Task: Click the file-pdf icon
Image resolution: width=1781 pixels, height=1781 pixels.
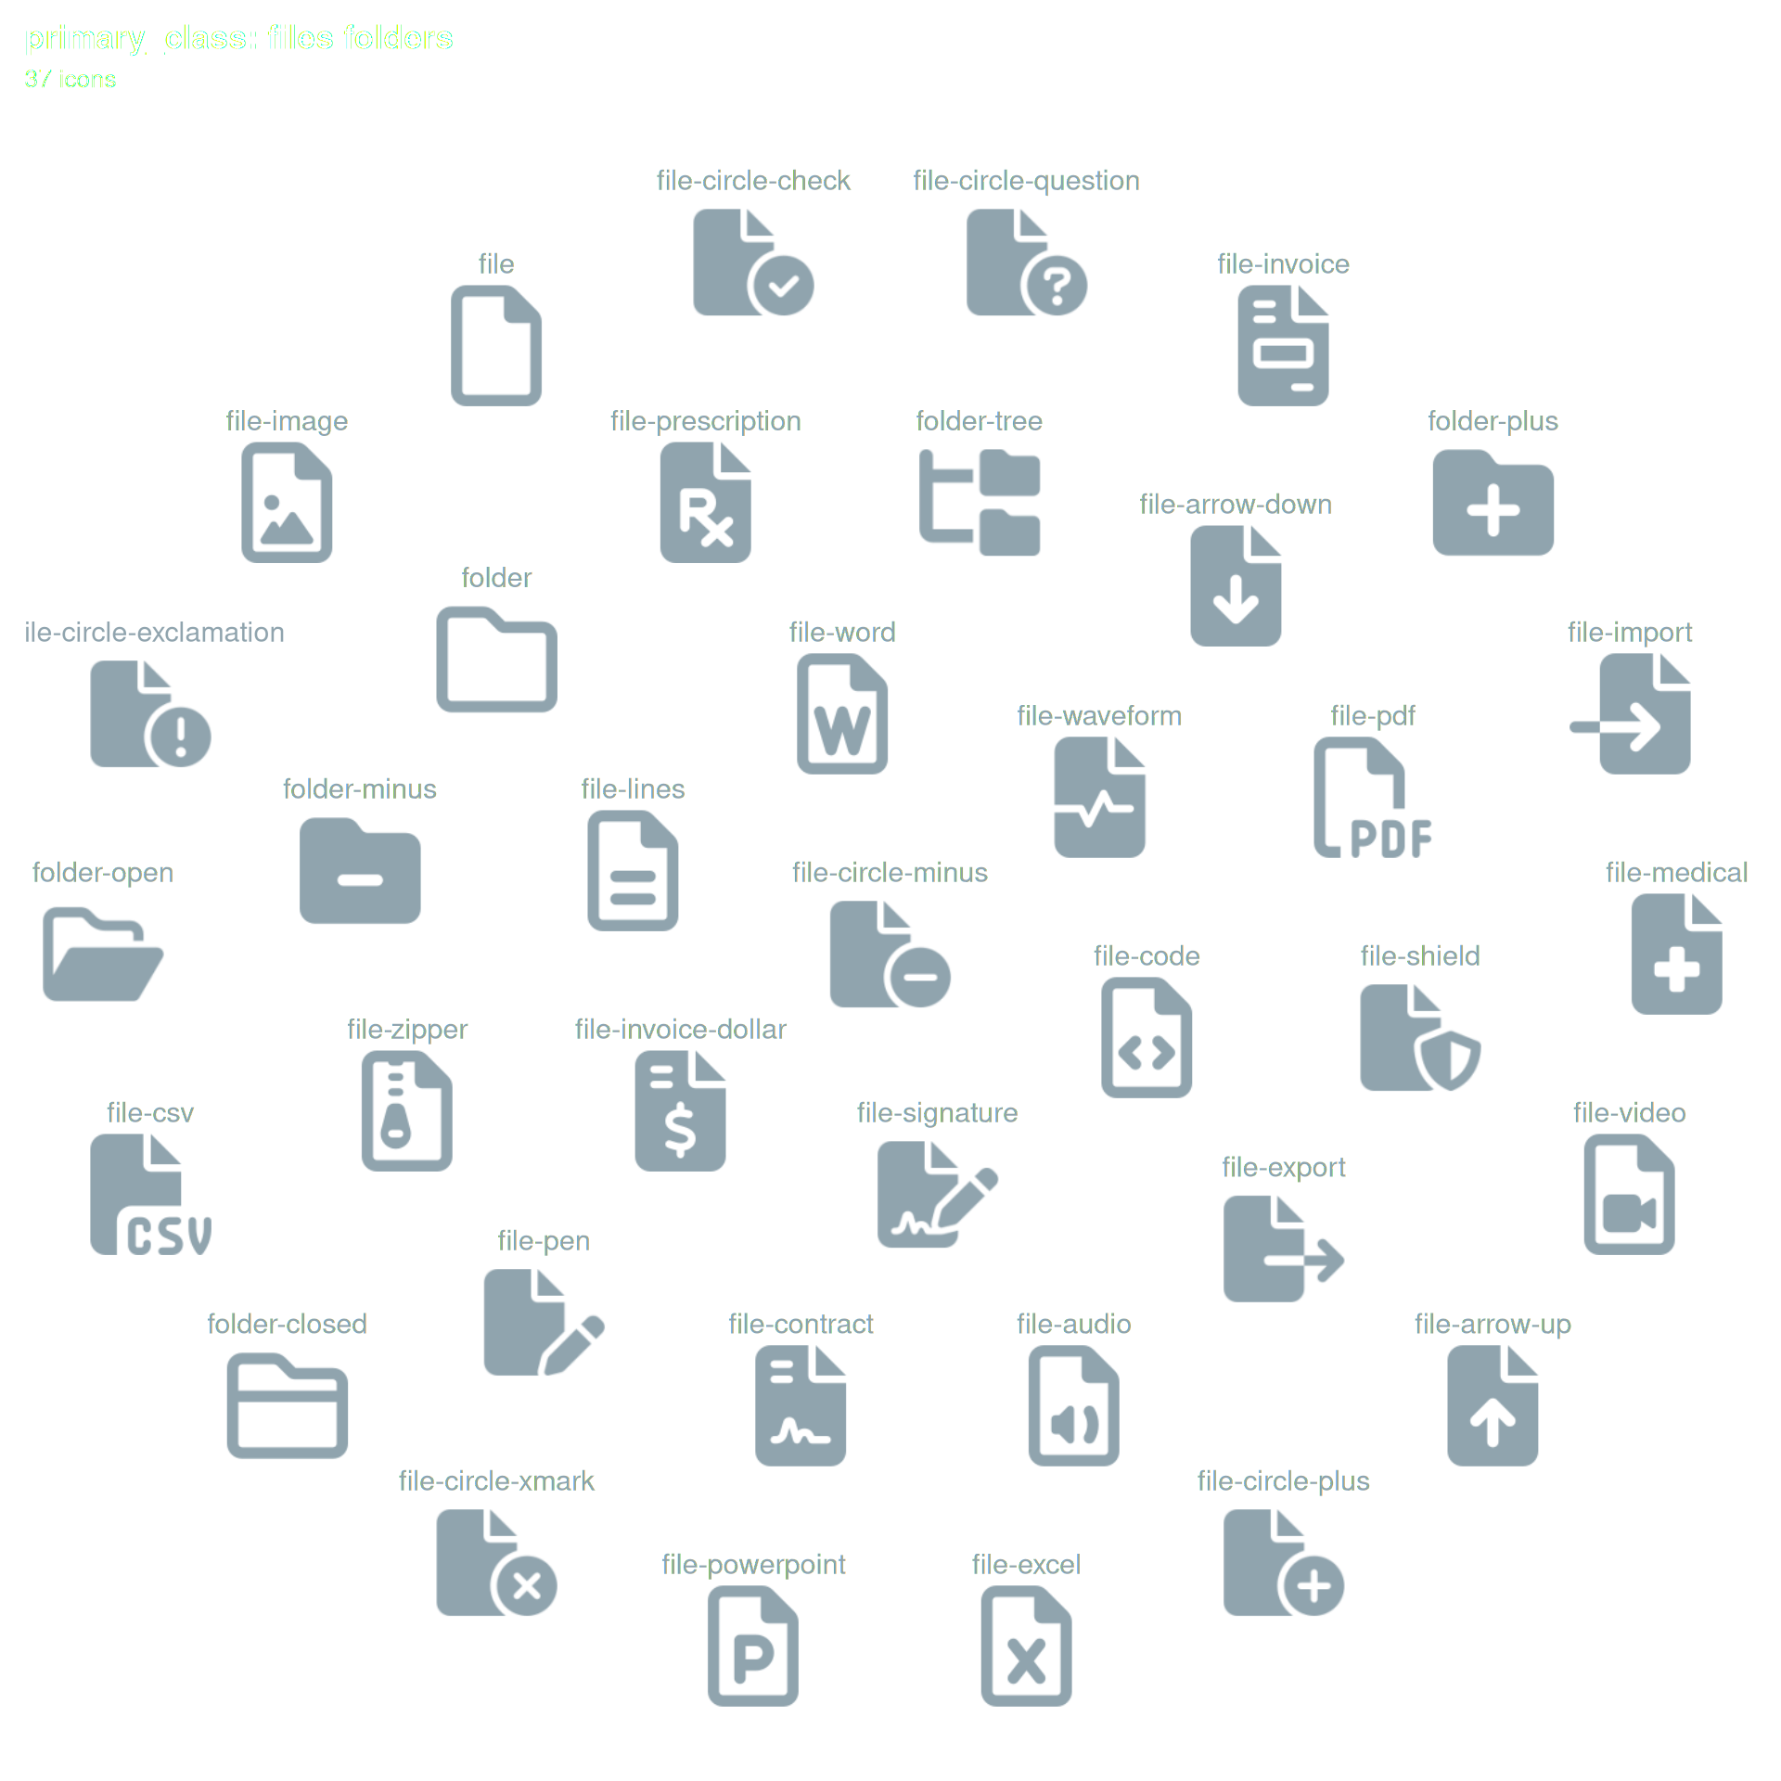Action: (1373, 798)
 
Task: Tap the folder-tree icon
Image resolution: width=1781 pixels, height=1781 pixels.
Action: (979, 503)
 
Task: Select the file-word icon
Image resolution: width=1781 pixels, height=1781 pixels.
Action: (842, 714)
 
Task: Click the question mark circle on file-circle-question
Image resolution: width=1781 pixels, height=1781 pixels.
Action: (1057, 285)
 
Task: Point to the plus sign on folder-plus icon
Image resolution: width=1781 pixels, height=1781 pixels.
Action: (1493, 510)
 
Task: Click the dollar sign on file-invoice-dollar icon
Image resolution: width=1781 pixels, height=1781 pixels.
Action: (680, 1129)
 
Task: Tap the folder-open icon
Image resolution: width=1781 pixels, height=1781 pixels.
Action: (103, 955)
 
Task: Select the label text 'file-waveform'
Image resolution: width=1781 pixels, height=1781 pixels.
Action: (1099, 716)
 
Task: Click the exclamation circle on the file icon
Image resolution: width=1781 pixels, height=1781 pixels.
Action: (180, 737)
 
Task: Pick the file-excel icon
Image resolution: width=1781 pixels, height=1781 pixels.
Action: (1026, 1646)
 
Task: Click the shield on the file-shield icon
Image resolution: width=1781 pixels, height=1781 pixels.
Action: (1449, 1060)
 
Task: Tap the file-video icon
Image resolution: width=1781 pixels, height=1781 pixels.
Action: (1629, 1195)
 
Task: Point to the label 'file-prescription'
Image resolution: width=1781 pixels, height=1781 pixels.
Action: (705, 421)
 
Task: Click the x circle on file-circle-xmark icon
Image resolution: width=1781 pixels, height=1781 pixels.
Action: (526, 1585)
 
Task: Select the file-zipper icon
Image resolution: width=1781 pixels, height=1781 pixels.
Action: (406, 1111)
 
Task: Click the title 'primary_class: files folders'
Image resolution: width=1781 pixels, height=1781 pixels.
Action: (238, 38)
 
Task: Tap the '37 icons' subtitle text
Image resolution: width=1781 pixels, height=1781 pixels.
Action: (70, 80)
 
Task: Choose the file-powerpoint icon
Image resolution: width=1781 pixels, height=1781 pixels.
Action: (752, 1646)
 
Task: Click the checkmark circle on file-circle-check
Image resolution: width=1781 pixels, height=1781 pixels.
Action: (783, 285)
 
